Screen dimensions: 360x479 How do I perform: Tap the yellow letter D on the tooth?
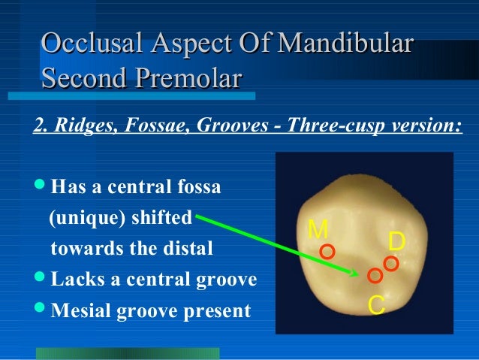(397, 241)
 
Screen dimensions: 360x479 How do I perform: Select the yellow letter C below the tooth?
(377, 305)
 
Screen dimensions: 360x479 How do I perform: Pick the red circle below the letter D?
(390, 263)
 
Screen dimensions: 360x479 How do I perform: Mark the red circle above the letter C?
(375, 276)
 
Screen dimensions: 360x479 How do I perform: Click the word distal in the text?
(181, 249)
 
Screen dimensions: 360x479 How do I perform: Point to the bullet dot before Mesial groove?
(40, 310)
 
